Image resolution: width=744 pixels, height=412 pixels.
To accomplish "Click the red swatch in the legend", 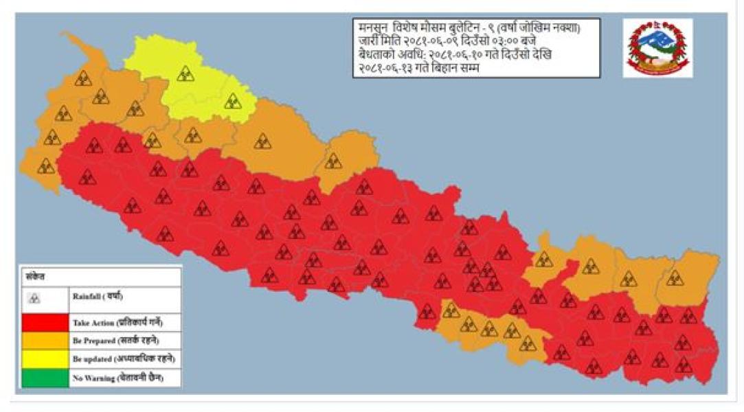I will (45, 322).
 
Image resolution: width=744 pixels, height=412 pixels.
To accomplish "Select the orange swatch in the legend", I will (45, 341).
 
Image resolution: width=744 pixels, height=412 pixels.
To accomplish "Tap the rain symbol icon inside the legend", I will (36, 299).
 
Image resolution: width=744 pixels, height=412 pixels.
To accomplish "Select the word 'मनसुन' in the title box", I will (372, 29).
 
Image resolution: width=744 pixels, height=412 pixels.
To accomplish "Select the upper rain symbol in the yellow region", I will (185, 73).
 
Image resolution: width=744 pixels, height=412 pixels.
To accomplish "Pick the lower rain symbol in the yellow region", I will (233, 101).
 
